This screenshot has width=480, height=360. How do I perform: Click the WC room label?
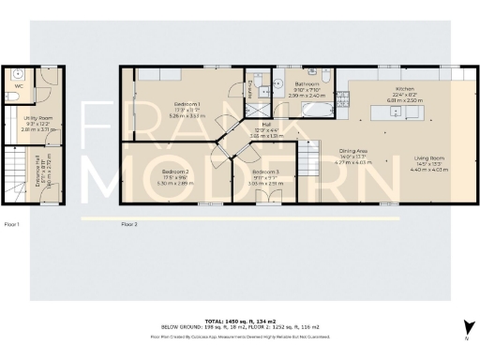coord(19,88)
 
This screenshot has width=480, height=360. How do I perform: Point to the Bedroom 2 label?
coord(175,172)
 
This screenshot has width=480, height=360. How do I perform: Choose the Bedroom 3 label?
coord(265,172)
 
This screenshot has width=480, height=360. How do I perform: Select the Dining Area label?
coord(353,151)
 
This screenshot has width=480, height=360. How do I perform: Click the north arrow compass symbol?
coord(467,325)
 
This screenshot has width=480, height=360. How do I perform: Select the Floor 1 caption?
coord(11,224)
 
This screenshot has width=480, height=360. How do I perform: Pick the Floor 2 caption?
coord(129,224)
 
